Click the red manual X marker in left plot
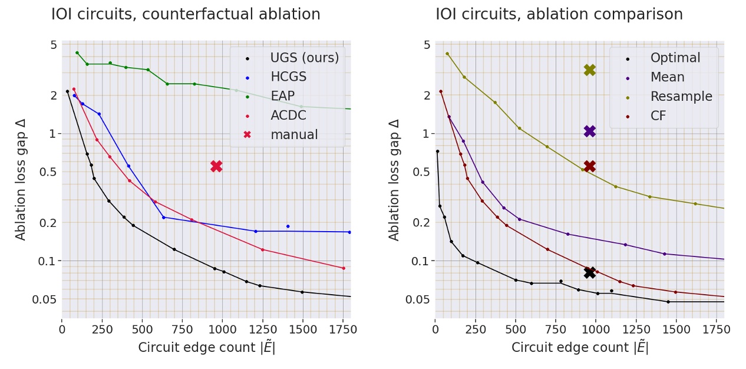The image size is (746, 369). point(216,166)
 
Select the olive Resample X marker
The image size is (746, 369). point(589,70)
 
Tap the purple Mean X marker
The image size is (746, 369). point(589,131)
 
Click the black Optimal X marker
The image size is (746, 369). point(589,272)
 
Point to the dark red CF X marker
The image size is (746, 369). point(589,166)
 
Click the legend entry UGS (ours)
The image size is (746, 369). point(304,58)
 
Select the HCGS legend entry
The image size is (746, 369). point(288,77)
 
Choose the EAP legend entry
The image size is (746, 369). point(282,96)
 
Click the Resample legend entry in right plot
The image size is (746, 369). point(681,97)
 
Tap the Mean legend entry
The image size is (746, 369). point(667,77)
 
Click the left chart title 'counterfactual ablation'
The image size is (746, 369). point(186,14)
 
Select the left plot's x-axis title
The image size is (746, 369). point(206,348)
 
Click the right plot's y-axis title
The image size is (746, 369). point(394,179)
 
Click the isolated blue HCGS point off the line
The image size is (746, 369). point(288,226)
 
